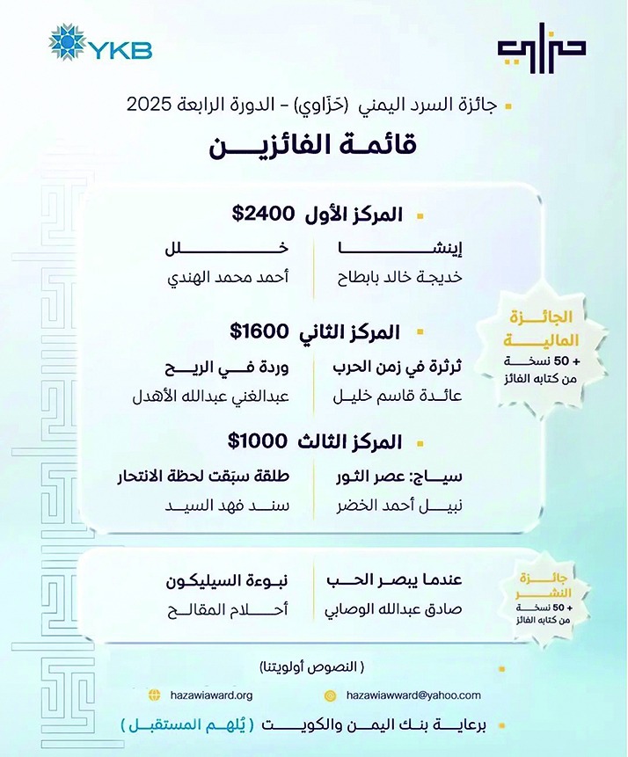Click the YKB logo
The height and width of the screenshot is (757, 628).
pos(100,44)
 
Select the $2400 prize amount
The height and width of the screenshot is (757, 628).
pos(261,213)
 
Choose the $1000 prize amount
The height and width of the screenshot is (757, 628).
pos(258,441)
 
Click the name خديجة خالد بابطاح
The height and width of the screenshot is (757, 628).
pos(400,280)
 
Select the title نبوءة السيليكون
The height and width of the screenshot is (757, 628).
pos(230,580)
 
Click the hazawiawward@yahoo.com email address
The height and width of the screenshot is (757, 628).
pos(413,695)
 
